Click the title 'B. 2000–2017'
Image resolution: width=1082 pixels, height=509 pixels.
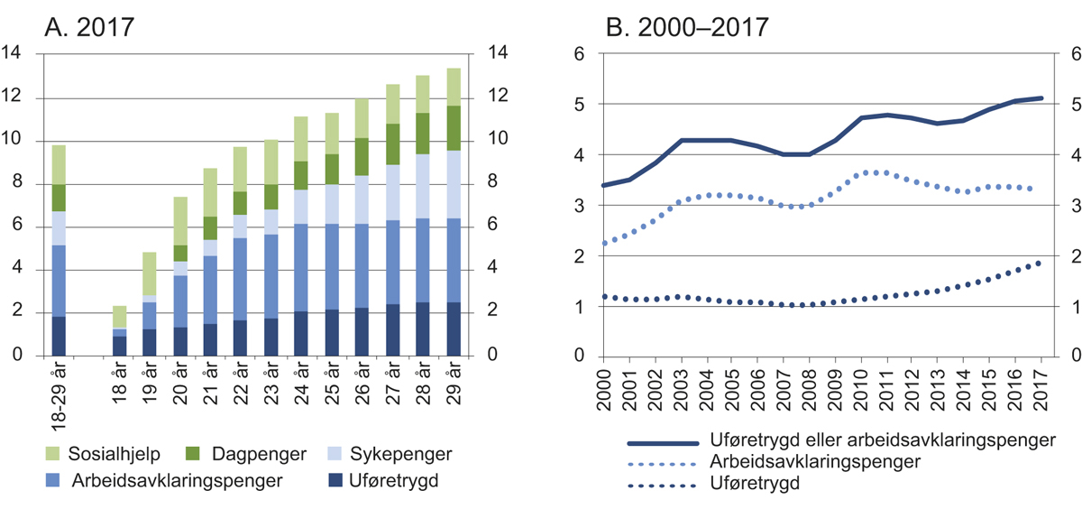tap(686, 26)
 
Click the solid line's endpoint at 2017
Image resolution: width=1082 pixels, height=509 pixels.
tap(1041, 98)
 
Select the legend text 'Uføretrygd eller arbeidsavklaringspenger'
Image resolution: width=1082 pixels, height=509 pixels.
tap(884, 443)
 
